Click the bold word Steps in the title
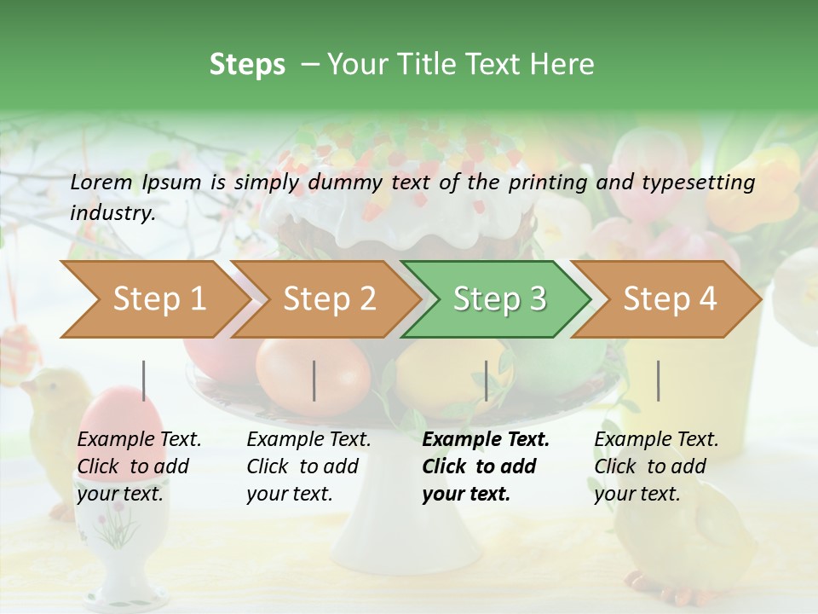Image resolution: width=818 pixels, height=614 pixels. point(247,65)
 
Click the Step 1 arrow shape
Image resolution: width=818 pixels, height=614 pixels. point(158,299)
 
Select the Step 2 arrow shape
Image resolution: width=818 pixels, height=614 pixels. point(329,299)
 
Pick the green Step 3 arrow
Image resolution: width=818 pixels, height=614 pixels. point(499,299)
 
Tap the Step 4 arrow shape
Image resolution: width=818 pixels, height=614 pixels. point(670,299)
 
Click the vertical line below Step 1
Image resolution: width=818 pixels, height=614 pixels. point(144,380)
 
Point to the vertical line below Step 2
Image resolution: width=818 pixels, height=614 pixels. point(314,380)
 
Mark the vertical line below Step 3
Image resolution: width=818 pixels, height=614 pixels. point(487,380)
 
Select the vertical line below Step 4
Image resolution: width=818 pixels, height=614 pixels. point(659,380)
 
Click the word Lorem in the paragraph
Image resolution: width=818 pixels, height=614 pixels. point(101,182)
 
